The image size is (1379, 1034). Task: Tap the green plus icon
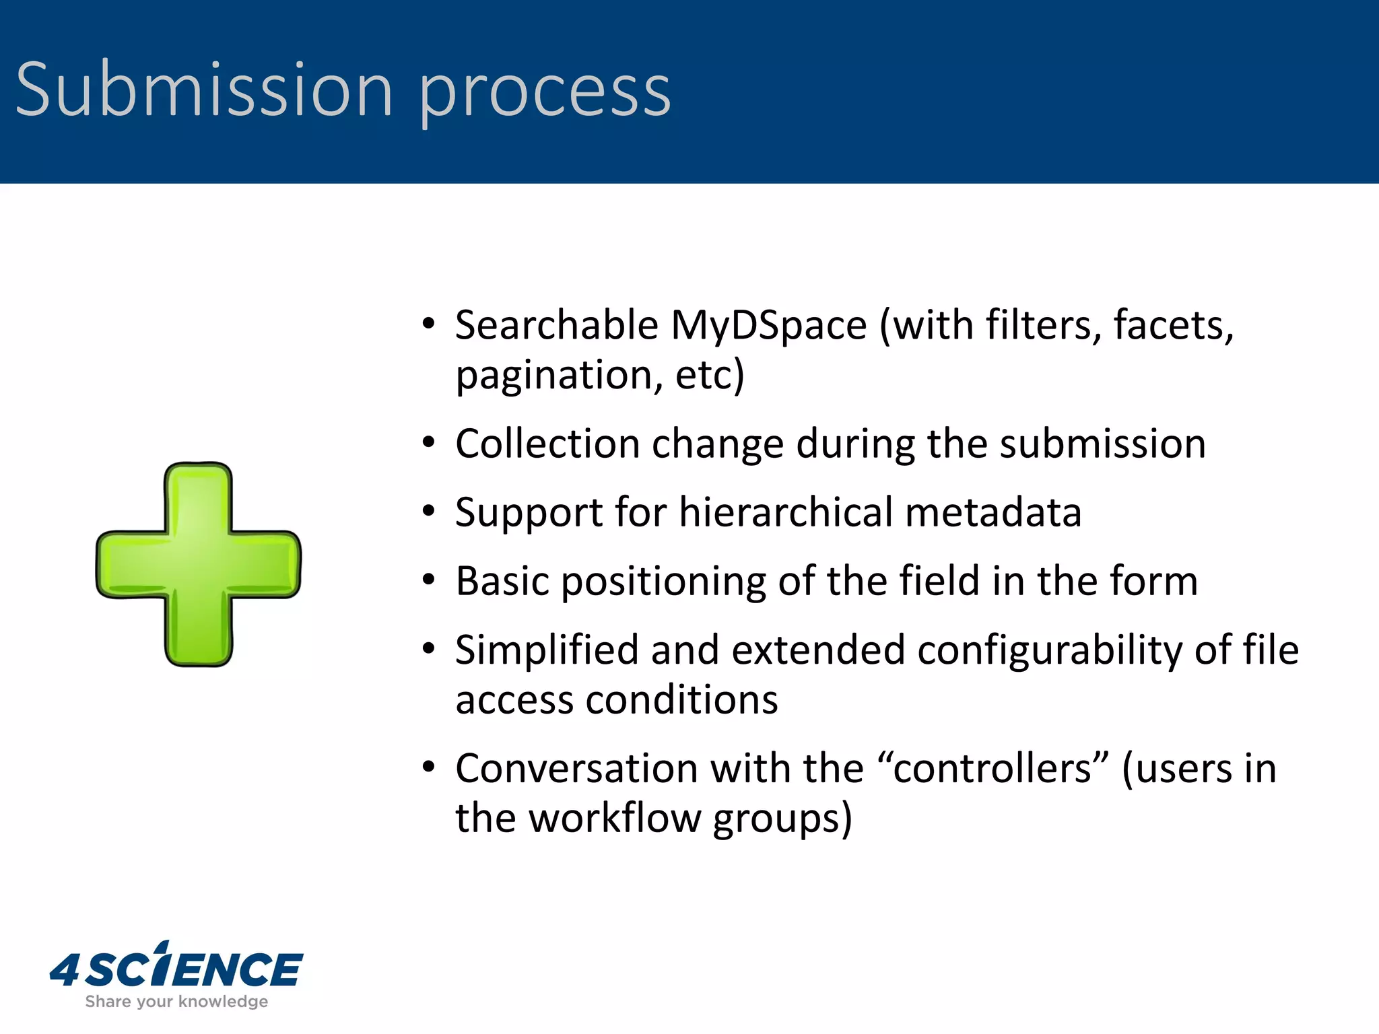pyautogui.click(x=199, y=564)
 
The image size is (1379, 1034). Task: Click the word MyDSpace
pyautogui.click(x=768, y=326)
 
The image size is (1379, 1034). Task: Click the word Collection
pyautogui.click(x=547, y=444)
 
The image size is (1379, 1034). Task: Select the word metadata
pyautogui.click(x=993, y=513)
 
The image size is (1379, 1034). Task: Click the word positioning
pyautogui.click(x=663, y=582)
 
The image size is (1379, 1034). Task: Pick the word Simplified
pyautogui.click(x=547, y=651)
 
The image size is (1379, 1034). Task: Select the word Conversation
pyautogui.click(x=576, y=769)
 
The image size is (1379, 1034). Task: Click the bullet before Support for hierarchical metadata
pyautogui.click(x=429, y=512)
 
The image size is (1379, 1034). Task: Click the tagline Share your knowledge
pyautogui.click(x=176, y=1002)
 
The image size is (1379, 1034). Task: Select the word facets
pyautogui.click(x=1173, y=326)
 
